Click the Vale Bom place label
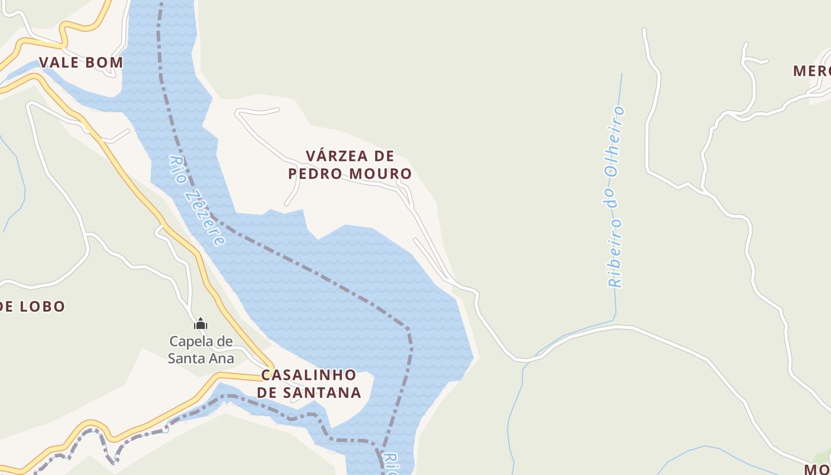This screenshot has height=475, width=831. [x=81, y=62]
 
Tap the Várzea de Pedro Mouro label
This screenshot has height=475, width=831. [x=350, y=164]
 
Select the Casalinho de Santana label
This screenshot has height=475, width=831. [x=309, y=384]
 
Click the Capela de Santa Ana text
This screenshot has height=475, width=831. [x=201, y=350]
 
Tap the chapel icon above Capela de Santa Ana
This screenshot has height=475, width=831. [x=201, y=324]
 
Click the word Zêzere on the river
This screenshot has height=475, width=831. [x=205, y=217]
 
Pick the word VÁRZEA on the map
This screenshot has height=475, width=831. [x=332, y=156]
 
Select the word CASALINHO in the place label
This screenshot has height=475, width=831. [x=309, y=375]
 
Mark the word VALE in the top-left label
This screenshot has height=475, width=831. [x=59, y=62]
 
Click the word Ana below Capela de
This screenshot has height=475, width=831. [x=221, y=359]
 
